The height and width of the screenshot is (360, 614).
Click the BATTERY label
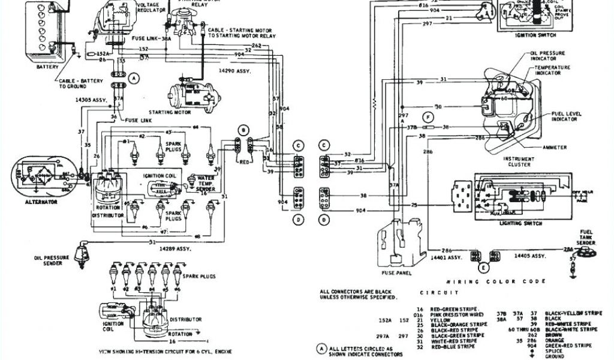click(47, 67)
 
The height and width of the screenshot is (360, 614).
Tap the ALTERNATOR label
click(41, 202)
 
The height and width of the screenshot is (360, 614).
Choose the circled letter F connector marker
click(428, 116)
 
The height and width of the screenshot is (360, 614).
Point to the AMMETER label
click(555, 146)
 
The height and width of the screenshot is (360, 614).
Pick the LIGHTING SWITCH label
click(520, 223)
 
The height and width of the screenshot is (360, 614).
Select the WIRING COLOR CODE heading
click(497, 281)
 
